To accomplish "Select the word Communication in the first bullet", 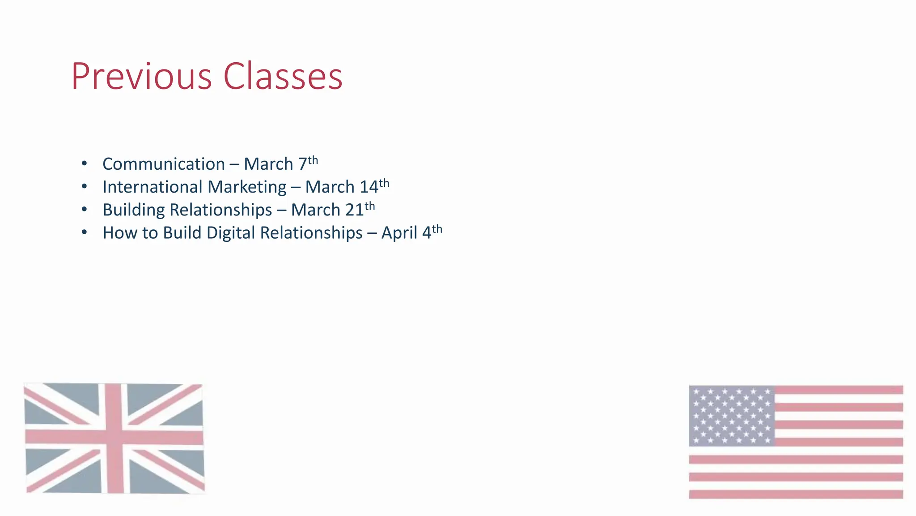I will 163,164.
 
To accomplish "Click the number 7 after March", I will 302,164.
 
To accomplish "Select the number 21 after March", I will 355,210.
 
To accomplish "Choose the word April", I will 399,233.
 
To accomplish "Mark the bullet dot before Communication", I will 85,163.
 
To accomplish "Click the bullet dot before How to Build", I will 85,232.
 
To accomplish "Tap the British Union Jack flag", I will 114,438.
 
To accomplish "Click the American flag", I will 796,442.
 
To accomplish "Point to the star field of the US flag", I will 732,416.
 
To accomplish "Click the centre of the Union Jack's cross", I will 114,437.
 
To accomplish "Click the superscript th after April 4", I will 437,229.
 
